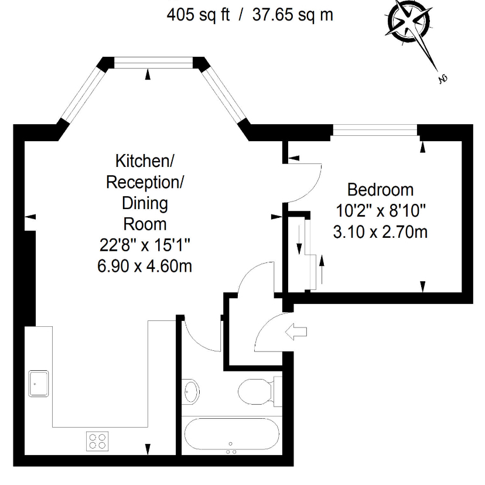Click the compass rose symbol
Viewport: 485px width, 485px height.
click(x=409, y=22)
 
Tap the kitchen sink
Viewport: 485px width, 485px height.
click(x=39, y=384)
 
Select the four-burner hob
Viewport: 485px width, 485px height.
click(x=97, y=441)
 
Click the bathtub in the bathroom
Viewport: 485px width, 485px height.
click(x=232, y=434)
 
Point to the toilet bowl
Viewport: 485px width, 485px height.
click(x=255, y=392)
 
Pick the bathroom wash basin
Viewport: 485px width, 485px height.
click(x=190, y=392)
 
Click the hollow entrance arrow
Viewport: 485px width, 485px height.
click(x=296, y=332)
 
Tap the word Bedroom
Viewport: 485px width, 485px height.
click(x=381, y=190)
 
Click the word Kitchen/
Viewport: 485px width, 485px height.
click(x=145, y=161)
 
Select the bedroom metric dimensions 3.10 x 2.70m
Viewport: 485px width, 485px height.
click(x=381, y=232)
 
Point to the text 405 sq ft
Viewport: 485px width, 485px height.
click(x=198, y=15)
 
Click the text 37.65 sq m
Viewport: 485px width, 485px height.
click(x=293, y=15)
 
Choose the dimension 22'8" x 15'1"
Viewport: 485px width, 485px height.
click(x=145, y=245)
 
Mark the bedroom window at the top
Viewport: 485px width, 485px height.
click(x=375, y=130)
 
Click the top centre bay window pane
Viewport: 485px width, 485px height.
click(x=153, y=63)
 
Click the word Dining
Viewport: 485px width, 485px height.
click(x=145, y=203)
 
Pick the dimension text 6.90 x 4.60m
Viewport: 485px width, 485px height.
click(x=145, y=266)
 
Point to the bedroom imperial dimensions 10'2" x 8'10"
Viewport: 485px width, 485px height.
click(x=381, y=211)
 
